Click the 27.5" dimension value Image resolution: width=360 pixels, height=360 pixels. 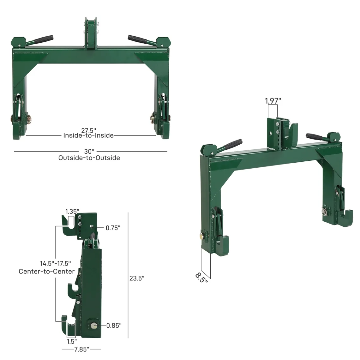88,130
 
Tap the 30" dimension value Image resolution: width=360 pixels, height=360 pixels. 89,152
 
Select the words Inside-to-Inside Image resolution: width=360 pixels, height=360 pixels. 88,135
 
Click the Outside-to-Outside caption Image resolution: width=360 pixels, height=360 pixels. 89,158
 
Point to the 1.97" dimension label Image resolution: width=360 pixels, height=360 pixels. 273,101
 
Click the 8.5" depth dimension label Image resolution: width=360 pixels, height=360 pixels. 201,277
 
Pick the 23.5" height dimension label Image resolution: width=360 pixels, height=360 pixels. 137,278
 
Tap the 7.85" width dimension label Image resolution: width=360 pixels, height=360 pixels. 81,349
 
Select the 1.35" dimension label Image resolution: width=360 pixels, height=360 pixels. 72,211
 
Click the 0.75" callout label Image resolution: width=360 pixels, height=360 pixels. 113,228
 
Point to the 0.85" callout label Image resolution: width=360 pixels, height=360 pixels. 114,326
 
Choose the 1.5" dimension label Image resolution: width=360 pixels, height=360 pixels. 72,341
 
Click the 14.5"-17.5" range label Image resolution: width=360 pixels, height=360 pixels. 55,263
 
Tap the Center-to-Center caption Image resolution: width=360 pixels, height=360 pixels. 47,271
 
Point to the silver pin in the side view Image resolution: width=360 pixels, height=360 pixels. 94,325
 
